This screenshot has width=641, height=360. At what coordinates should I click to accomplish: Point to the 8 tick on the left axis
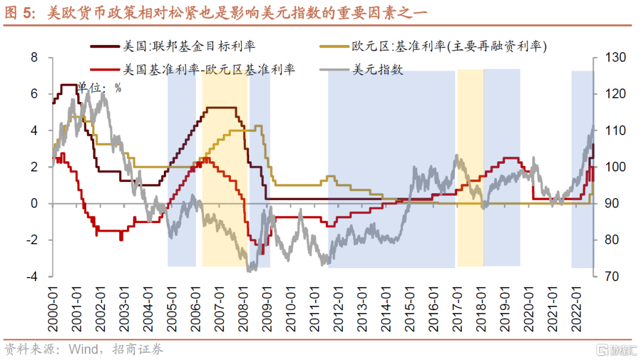pyautogui.click(x=34, y=58)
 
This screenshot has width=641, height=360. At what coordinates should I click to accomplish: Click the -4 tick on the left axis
pyautogui.click(x=32, y=276)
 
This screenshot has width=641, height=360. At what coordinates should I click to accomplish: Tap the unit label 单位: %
pyautogui.click(x=100, y=87)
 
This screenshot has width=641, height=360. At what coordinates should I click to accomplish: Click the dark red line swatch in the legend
pyautogui.click(x=103, y=46)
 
